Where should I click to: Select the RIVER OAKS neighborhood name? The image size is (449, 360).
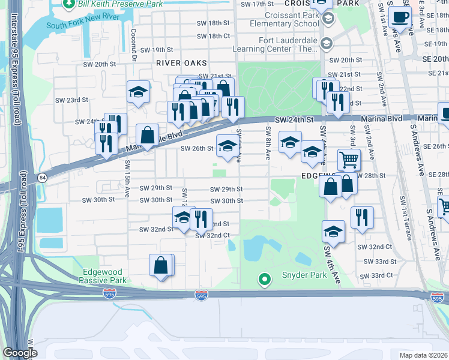coord(181,63)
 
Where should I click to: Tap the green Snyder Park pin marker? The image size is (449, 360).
coord(263,279)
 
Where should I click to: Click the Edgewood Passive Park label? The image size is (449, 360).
coord(102,276)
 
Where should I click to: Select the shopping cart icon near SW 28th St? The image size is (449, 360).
coord(349,160)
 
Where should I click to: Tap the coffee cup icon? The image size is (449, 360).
coord(400,18)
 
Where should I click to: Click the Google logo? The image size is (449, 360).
coord(20,353)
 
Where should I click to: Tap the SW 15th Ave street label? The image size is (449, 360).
coord(127,179)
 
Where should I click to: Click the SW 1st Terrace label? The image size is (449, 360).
coord(409,223)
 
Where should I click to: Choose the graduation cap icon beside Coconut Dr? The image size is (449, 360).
coord(138,92)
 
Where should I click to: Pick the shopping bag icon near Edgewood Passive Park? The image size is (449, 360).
coord(160,265)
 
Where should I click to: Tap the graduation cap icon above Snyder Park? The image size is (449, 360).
coord(333,231)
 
